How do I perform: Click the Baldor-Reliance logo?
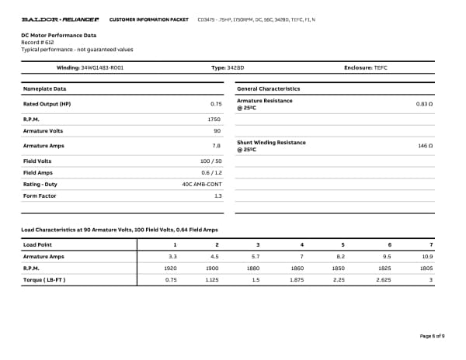coord(60,18)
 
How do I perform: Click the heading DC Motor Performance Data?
coord(59,35)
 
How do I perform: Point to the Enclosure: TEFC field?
coord(365,68)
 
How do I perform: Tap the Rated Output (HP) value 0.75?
coord(216,103)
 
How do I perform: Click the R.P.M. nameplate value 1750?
coord(214,119)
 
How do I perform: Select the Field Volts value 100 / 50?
coord(210,161)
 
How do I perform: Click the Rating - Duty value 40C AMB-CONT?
coord(201,184)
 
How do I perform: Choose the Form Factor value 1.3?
coord(217,196)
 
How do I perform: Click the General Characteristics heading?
coord(268,88)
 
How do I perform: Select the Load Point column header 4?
coord(301,244)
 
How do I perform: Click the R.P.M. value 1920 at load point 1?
coord(172,268)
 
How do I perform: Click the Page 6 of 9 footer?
coord(432,336)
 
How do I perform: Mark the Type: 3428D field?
coord(230,68)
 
